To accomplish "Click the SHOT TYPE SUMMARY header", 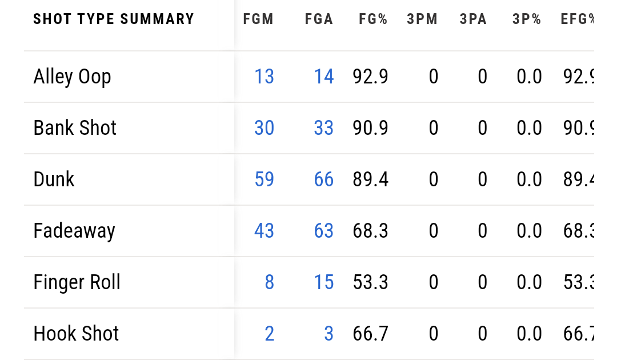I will point(114,19).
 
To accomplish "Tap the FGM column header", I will point(258,19).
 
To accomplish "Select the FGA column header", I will point(319,19).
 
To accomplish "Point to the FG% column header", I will point(373,19).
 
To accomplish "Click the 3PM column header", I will point(422,19).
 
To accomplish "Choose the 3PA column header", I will point(473,19).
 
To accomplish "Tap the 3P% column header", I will point(527,19).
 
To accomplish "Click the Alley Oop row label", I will point(72,77).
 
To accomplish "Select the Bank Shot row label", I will point(75,128).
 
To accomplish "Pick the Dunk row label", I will point(54,179).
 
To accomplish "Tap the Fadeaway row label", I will point(74,231).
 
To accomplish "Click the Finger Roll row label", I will point(77,282).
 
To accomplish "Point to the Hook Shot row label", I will point(76,334).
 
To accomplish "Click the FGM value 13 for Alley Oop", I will point(264,77).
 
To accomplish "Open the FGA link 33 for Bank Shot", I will point(323,128).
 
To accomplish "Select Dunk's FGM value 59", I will point(264,179).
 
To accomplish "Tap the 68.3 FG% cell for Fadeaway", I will point(370,231).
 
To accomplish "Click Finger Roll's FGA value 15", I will point(323,282).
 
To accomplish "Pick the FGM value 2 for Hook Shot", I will point(269,334).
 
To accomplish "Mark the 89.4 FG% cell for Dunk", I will point(370,179).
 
